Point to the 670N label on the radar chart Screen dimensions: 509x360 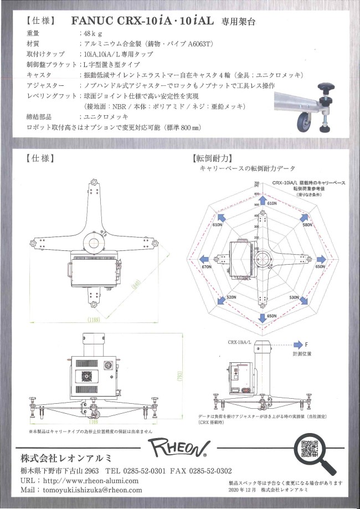[207, 267]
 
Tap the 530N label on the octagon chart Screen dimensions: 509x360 [294, 297]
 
